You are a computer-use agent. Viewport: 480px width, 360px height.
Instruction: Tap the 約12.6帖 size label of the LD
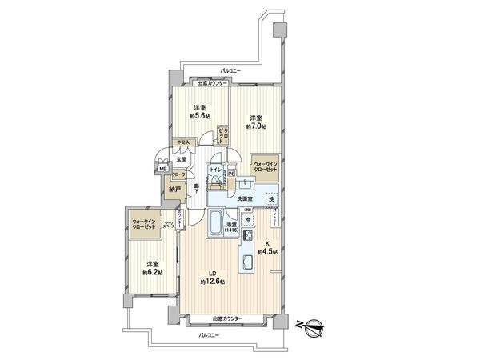coord(213,282)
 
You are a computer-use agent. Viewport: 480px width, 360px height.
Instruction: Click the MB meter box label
coord(161,170)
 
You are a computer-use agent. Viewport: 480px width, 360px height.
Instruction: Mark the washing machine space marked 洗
coord(271,198)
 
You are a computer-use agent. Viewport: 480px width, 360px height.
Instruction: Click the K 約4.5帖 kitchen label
coord(270,249)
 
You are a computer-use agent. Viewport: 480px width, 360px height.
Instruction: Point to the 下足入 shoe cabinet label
coord(184,145)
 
